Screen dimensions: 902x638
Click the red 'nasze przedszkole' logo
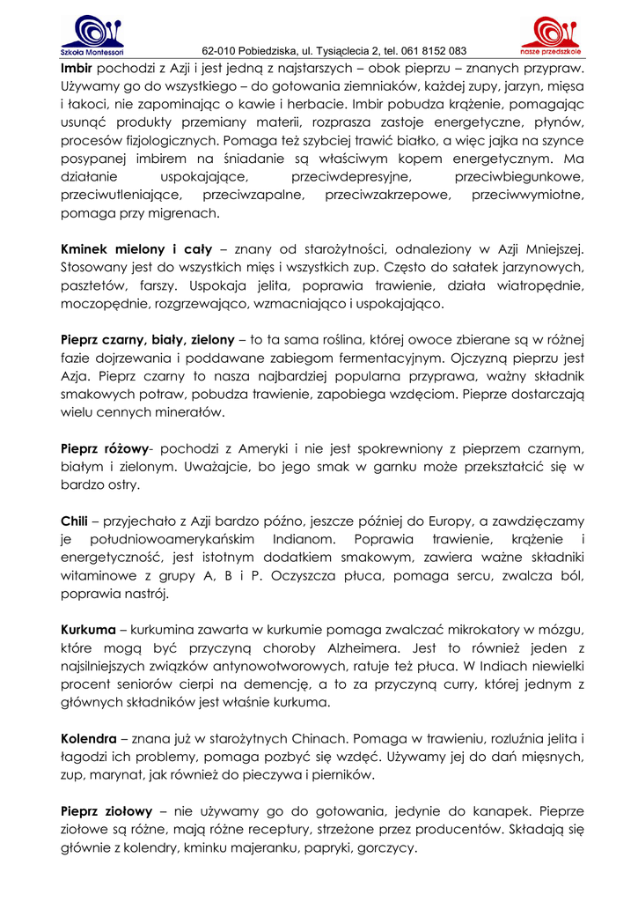coord(549,34)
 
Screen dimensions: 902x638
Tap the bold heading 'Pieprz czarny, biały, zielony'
coord(147,340)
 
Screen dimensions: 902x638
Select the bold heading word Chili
coord(74,520)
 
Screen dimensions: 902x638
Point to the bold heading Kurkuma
coord(88,630)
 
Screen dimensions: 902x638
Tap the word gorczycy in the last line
coord(388,848)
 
